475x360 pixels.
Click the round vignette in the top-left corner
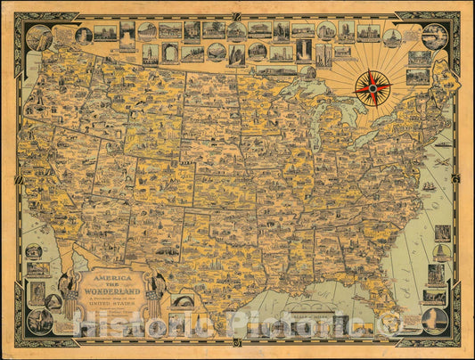(38, 37)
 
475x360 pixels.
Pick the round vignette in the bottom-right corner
(435, 320)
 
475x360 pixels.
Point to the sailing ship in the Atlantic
(429, 185)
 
